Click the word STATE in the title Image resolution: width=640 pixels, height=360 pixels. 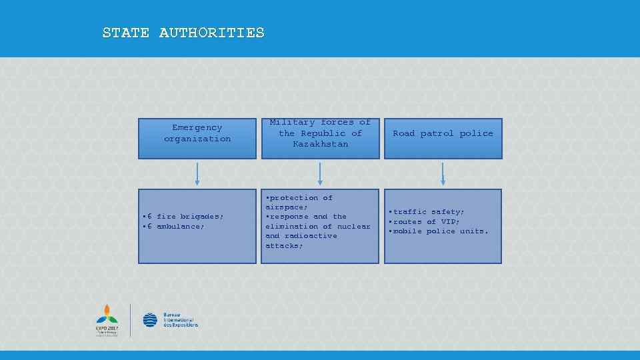coord(126,33)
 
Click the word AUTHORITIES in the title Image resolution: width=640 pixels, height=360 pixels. coord(211,33)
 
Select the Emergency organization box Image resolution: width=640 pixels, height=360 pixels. coord(197,138)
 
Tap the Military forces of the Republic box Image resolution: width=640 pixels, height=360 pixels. coord(320,138)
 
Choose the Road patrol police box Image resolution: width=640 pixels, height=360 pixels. coord(443,138)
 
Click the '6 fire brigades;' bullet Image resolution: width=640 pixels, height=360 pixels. coord(184,217)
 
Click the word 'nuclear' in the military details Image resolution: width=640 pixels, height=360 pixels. coord(353,227)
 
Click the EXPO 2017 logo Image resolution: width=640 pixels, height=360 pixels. coord(107,321)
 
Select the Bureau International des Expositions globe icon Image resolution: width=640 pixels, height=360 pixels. coord(150,320)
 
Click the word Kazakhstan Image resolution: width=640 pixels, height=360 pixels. coord(320,144)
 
